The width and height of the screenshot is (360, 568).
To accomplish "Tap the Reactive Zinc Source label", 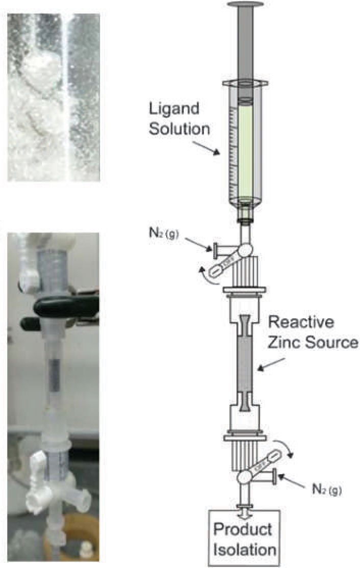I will click(313, 332).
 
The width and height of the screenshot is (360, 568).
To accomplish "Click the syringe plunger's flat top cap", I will click(246, 5).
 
